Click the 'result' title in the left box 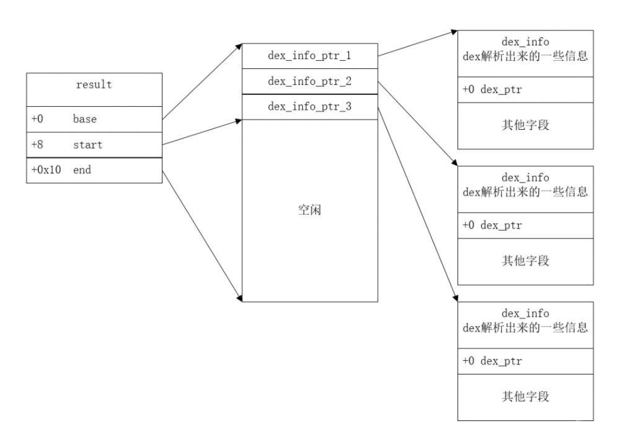[94, 85]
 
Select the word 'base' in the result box [85, 119]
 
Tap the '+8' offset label [37, 145]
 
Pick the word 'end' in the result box [82, 170]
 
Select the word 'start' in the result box [88, 145]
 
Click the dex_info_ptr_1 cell [309, 56]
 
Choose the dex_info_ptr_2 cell [309, 81]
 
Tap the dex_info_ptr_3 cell [309, 107]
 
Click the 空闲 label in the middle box [309, 211]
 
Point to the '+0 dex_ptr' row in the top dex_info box [492, 90]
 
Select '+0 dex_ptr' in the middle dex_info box [492, 225]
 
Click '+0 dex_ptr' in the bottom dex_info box [492, 361]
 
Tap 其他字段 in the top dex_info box [525, 125]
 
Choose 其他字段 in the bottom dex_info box [525, 397]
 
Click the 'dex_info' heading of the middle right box [525, 178]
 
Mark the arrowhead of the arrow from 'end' [239, 299]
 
